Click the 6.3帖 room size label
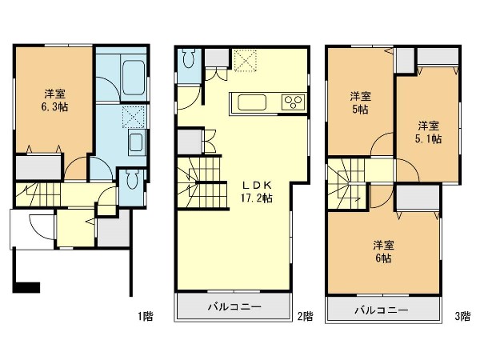(x=54, y=107)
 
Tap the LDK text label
(x=257, y=185)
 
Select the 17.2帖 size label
(x=257, y=198)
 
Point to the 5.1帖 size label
(x=428, y=139)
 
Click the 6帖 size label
(x=383, y=258)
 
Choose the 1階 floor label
(x=145, y=316)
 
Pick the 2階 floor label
(x=306, y=316)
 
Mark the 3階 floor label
(x=462, y=316)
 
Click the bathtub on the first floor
(x=134, y=78)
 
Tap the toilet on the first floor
(x=133, y=179)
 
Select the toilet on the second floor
(x=188, y=58)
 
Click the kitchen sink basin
(x=252, y=102)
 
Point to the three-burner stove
(x=294, y=102)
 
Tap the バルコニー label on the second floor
(x=234, y=306)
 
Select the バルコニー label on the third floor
(x=382, y=310)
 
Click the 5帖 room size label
(x=360, y=110)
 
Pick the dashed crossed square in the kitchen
(x=246, y=60)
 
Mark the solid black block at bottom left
(x=26, y=287)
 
